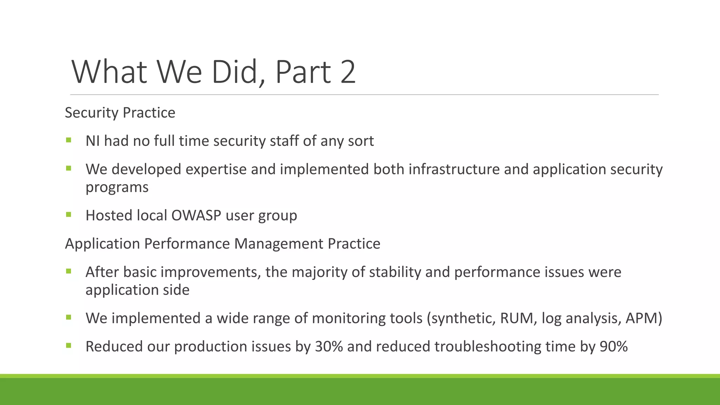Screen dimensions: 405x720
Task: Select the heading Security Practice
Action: tap(120, 113)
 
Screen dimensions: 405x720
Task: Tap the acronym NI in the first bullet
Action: tap(92, 141)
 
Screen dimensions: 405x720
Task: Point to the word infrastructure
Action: tap(454, 169)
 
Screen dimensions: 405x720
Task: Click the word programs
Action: tap(117, 187)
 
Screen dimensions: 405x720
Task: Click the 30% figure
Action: tap(329, 347)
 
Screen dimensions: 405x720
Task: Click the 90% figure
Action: tap(613, 347)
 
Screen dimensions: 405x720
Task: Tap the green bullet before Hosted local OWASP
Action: tap(68, 214)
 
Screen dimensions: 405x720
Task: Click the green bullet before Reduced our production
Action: tap(68, 346)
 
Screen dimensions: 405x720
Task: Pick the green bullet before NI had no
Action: tap(68, 140)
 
